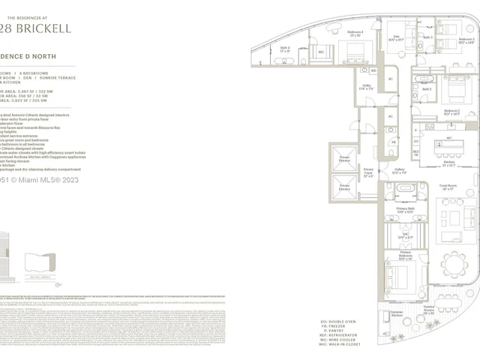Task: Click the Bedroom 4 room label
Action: click(x=355, y=34)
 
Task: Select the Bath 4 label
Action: click(x=284, y=49)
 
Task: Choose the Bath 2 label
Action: click(x=426, y=89)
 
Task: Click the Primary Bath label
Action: click(x=406, y=212)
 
